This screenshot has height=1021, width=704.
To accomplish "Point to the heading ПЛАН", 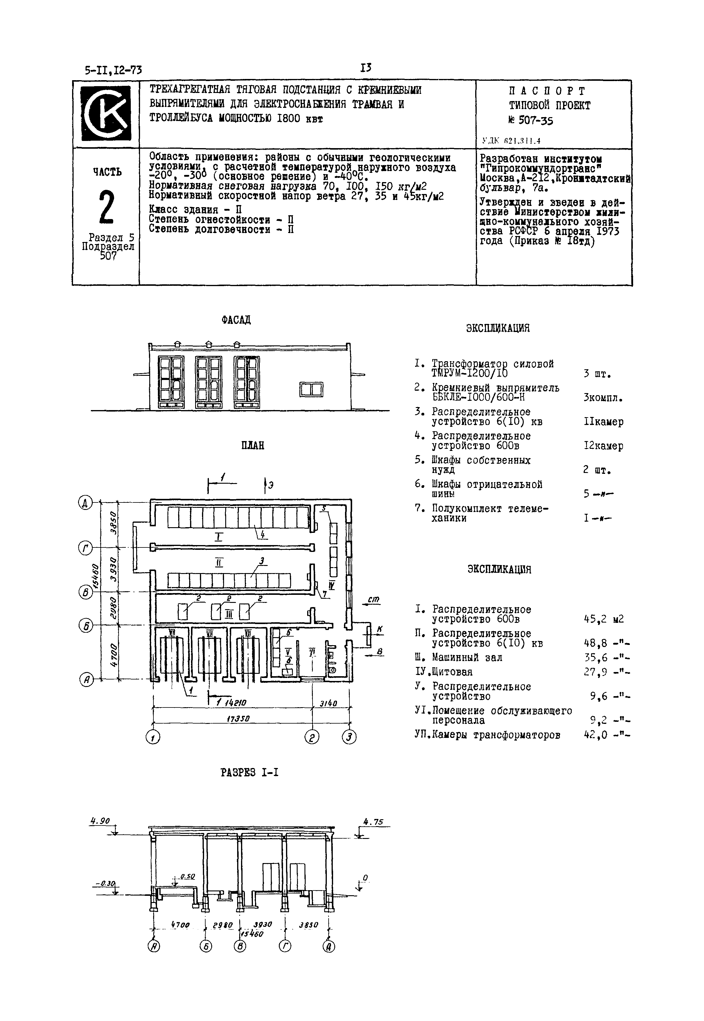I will (253, 446).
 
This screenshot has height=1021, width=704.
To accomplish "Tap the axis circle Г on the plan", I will (85, 548).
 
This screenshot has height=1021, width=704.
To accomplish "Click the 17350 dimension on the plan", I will (238, 718).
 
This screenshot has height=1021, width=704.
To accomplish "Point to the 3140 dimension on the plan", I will (329, 704).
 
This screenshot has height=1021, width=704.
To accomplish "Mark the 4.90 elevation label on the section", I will (100, 821).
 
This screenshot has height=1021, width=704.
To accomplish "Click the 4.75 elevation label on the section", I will (373, 822).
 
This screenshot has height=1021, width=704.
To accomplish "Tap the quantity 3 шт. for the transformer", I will (597, 374).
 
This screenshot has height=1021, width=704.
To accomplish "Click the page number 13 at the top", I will (366, 68).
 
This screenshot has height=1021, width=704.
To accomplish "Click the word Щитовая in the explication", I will (452, 672).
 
